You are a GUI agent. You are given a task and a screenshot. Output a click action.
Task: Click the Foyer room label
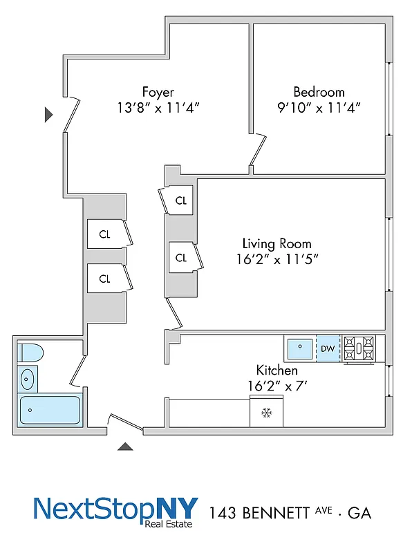(x=158, y=92)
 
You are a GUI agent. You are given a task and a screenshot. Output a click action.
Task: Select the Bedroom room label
(x=319, y=92)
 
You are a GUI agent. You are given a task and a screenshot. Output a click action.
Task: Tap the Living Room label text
(x=277, y=244)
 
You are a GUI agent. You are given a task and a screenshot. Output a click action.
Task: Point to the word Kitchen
(x=277, y=370)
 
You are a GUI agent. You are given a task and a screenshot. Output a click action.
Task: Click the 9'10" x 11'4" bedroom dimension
(x=319, y=108)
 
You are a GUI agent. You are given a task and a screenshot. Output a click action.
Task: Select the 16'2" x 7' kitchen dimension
(x=277, y=385)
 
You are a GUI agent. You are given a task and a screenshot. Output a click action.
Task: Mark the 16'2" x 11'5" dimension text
(x=277, y=259)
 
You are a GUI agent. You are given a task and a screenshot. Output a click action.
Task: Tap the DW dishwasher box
(x=328, y=348)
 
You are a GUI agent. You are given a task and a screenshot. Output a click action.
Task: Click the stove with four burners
(x=359, y=348)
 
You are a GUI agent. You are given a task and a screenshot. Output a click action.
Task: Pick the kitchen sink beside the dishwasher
(x=300, y=348)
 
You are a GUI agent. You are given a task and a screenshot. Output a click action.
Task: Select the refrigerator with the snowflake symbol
(x=266, y=413)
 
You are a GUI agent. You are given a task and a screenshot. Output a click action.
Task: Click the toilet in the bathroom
(x=30, y=353)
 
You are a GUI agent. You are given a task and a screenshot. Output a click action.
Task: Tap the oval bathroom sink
(x=28, y=379)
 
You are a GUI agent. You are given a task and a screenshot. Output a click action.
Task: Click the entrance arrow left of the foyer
(x=48, y=115)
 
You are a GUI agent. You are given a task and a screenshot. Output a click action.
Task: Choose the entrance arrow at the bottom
(x=125, y=447)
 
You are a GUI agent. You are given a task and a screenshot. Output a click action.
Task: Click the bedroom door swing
(x=259, y=151)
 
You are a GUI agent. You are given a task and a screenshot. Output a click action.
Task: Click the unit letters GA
(x=359, y=513)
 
